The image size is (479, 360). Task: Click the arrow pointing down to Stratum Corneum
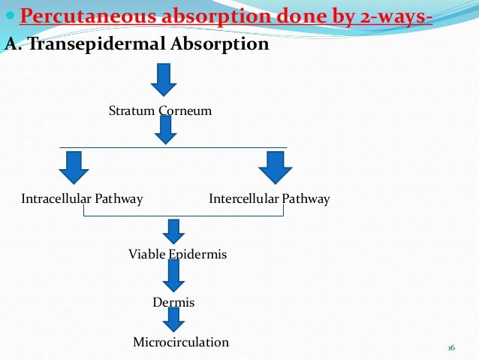click(x=164, y=78)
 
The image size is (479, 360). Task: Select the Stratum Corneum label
click(x=160, y=111)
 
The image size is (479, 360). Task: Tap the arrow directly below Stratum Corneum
click(x=165, y=130)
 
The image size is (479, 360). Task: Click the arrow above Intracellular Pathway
click(x=74, y=168)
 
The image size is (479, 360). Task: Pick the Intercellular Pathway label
click(x=269, y=199)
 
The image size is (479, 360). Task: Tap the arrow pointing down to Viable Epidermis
click(x=174, y=231)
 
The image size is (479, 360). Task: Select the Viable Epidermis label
click(x=177, y=255)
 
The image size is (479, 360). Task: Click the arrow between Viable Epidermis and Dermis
click(x=174, y=276)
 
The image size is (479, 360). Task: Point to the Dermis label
click(x=173, y=302)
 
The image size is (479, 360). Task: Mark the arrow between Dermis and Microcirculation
click(x=174, y=319)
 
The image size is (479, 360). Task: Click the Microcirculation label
click(x=180, y=342)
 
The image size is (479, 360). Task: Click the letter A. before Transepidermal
click(x=12, y=44)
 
